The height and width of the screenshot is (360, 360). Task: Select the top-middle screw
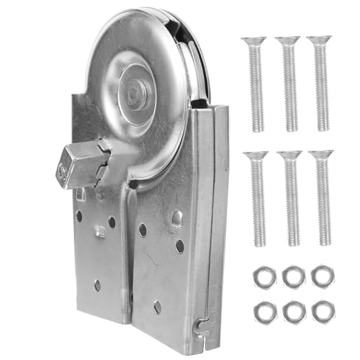[289, 83]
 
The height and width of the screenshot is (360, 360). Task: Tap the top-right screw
[320, 83]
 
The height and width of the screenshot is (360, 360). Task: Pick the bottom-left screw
[258, 198]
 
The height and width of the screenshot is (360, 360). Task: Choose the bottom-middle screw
[291, 198]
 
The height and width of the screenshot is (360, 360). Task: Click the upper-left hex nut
[261, 276]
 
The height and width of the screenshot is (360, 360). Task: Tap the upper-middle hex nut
[292, 276]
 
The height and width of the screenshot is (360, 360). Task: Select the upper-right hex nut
[323, 276]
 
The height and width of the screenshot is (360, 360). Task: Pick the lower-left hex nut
[263, 310]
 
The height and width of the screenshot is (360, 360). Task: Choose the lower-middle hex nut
[293, 311]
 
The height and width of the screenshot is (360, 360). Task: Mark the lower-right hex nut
[323, 310]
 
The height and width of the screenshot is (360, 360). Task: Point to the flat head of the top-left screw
[253, 42]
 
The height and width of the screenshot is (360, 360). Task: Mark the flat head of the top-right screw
[319, 41]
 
